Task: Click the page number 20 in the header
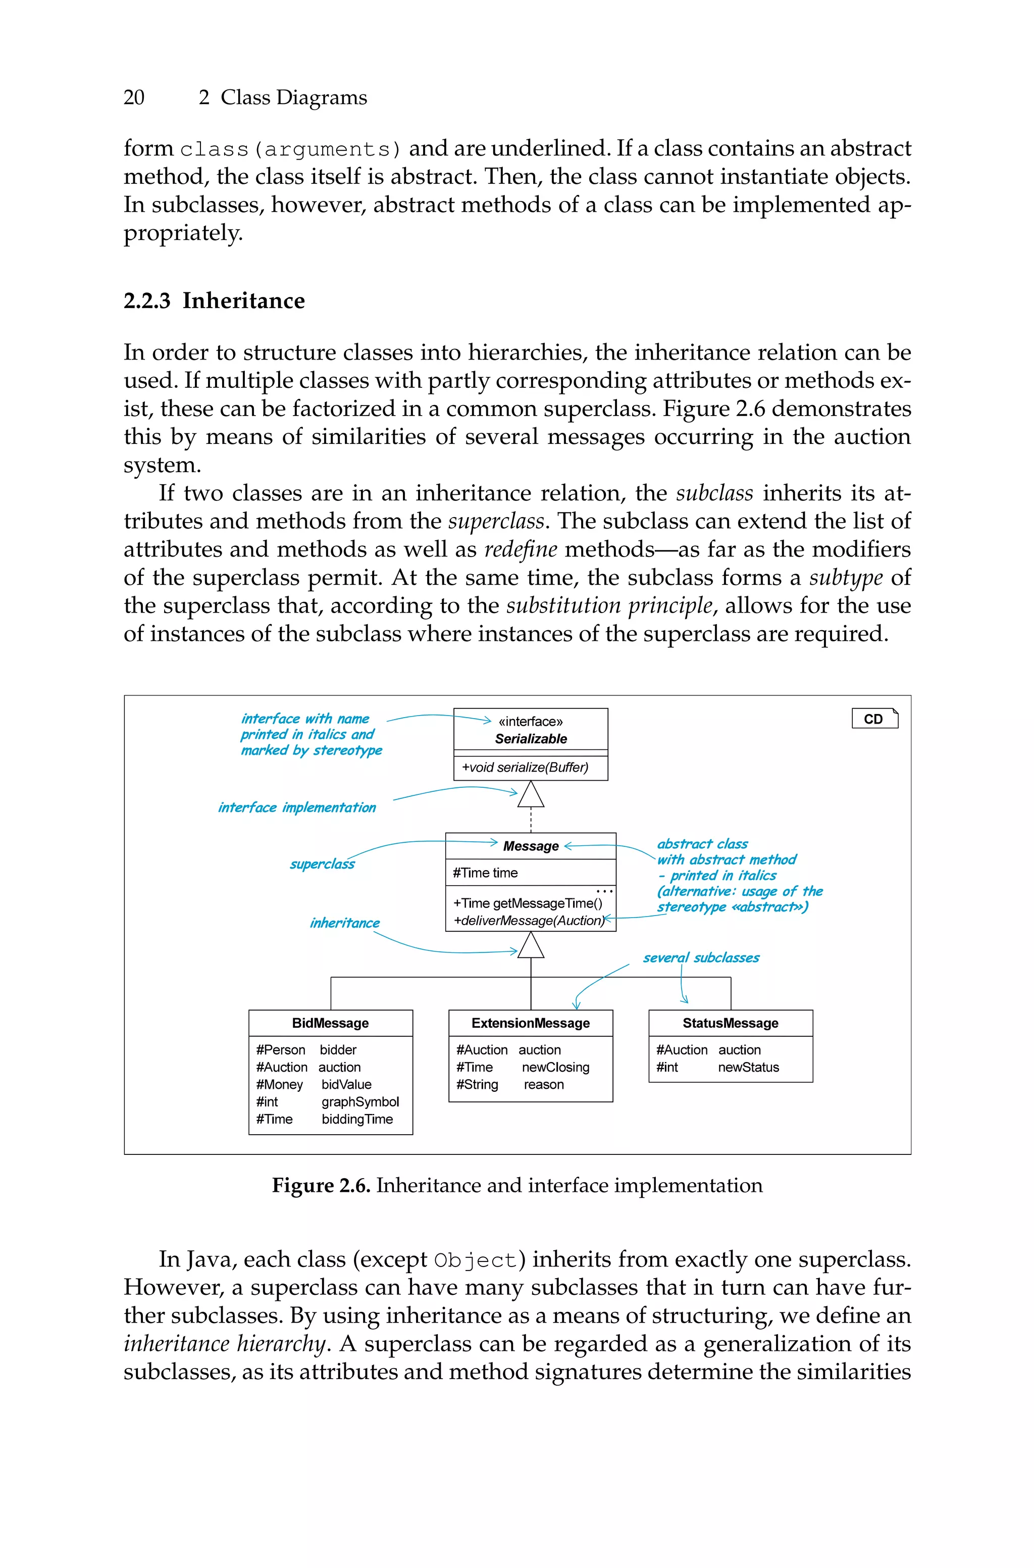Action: (x=134, y=97)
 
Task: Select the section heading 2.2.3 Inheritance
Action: (x=214, y=300)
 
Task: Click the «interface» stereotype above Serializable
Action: (x=530, y=721)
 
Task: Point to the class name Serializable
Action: (x=531, y=738)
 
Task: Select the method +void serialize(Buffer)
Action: (x=525, y=767)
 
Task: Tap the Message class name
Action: (x=531, y=846)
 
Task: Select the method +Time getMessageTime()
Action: (x=528, y=903)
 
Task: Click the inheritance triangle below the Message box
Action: (x=531, y=946)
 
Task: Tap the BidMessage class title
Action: (x=330, y=1023)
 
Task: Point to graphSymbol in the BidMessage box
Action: (x=360, y=1102)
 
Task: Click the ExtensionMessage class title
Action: (x=531, y=1023)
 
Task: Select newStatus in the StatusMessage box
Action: (x=748, y=1067)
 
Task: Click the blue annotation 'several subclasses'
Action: (x=701, y=957)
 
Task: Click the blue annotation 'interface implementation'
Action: (x=297, y=808)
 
